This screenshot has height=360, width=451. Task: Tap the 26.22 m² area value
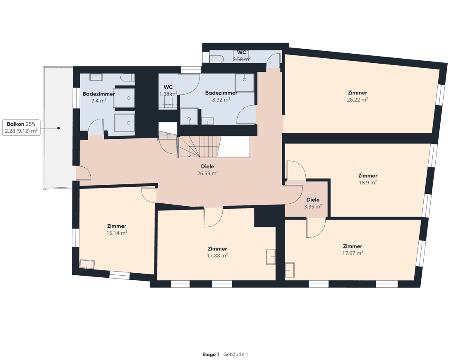(x=357, y=100)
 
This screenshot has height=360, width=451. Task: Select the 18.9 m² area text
(x=367, y=182)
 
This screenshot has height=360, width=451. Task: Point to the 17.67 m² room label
(x=353, y=253)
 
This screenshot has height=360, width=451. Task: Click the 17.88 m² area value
(x=217, y=255)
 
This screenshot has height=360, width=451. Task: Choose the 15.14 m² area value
(x=116, y=233)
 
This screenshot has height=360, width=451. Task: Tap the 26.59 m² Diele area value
(x=208, y=174)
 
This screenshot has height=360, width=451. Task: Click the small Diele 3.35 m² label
(x=313, y=203)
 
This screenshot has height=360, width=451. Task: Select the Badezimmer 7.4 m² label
(x=98, y=97)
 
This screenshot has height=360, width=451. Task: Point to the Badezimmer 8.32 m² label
(x=221, y=96)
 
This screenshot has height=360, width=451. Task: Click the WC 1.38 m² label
(x=168, y=91)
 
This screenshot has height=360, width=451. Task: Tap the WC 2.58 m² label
(x=242, y=56)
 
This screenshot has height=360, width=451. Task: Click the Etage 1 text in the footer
(x=211, y=354)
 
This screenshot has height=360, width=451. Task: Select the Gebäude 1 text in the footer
(x=235, y=354)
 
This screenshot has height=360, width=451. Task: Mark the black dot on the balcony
(x=59, y=128)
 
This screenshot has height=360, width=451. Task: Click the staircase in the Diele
(x=199, y=147)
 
